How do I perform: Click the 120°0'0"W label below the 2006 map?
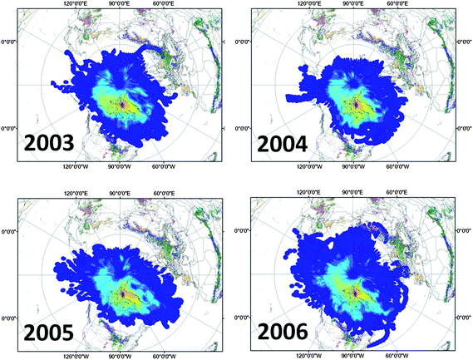[323, 356]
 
